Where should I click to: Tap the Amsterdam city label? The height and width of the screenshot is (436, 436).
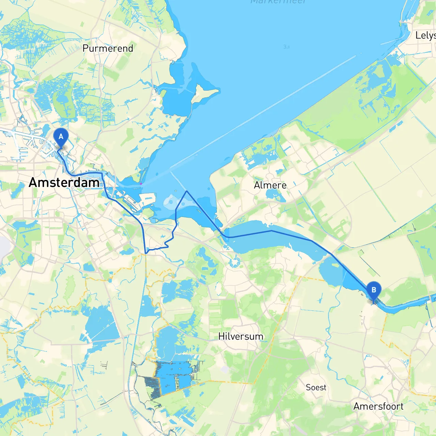click(x=64, y=183)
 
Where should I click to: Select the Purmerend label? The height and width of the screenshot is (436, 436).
click(x=108, y=48)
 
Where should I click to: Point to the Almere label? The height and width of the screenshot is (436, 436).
click(x=270, y=185)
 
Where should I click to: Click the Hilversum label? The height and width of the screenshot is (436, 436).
click(x=240, y=337)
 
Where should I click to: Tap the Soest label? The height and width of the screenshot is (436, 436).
click(x=316, y=388)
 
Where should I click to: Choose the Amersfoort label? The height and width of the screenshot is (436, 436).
click(x=378, y=406)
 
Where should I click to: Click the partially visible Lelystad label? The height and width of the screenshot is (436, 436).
click(x=425, y=35)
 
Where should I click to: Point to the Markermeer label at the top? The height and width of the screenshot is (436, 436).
click(x=278, y=2)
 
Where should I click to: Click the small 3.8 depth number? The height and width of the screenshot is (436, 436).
click(x=286, y=47)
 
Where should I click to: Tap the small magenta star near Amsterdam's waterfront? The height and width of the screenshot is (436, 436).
click(x=141, y=184)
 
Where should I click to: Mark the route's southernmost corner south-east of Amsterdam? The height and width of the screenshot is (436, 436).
click(x=146, y=253)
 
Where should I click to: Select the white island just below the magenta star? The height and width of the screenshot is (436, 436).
click(x=147, y=199)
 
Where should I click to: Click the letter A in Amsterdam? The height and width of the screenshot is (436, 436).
click(x=33, y=183)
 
